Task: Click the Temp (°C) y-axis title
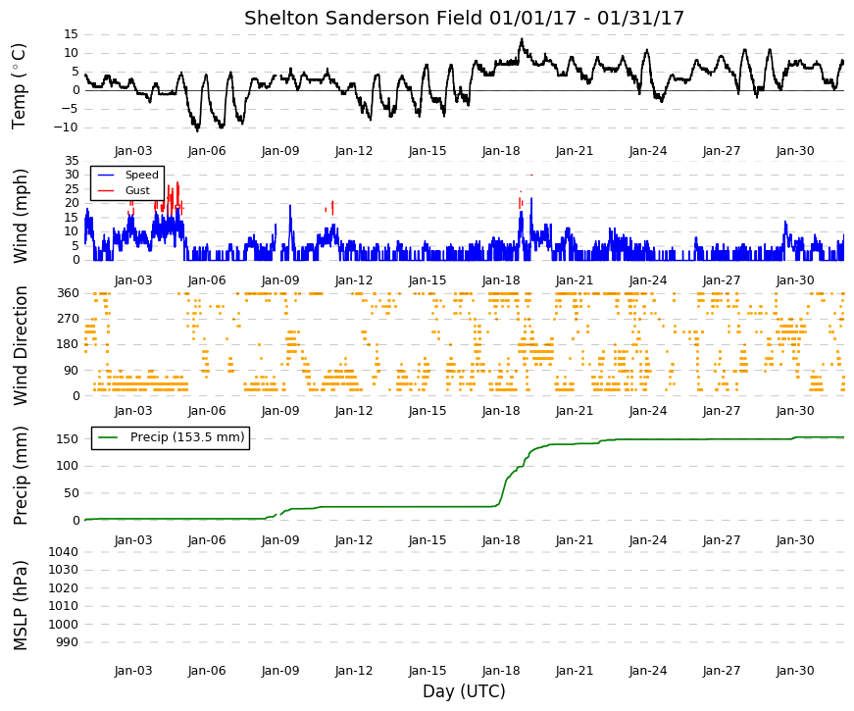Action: (x=19, y=86)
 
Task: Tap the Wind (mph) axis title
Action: (x=19, y=216)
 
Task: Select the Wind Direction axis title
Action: (x=21, y=346)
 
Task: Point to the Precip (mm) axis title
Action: (x=21, y=476)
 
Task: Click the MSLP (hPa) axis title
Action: (x=21, y=606)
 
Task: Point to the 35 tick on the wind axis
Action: (x=72, y=161)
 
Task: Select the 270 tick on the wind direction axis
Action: (x=69, y=319)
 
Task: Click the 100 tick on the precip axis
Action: (x=69, y=466)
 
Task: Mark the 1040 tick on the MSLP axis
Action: (x=63, y=552)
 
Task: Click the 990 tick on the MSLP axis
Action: (x=67, y=643)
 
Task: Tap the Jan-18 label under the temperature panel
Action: (x=501, y=151)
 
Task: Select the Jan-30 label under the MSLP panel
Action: (x=795, y=671)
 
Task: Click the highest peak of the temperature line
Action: (x=522, y=38)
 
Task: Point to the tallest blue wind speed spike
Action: (x=531, y=198)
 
